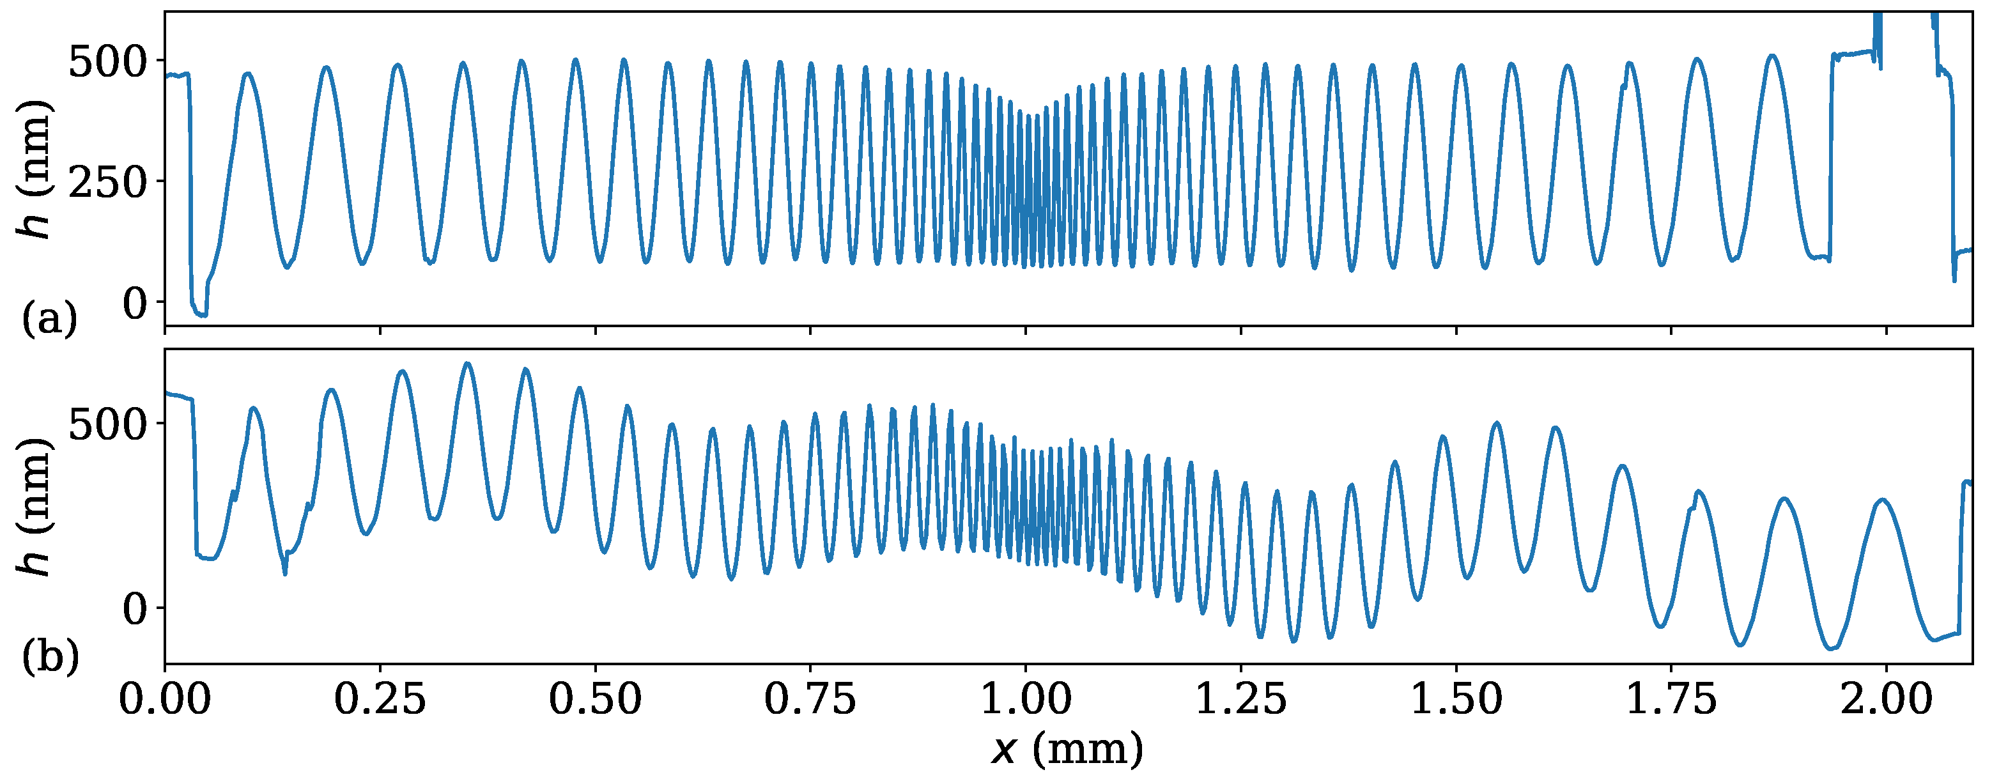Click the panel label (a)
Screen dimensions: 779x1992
49,319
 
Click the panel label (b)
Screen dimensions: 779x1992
49,658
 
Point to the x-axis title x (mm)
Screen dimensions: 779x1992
1067,749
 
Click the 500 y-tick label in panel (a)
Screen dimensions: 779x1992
107,62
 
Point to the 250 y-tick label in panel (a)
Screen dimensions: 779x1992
107,183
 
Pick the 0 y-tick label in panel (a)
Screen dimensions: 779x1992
135,304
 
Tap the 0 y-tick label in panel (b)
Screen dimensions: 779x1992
135,610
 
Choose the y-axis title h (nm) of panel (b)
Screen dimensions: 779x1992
34,507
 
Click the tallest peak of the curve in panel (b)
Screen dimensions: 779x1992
467,364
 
